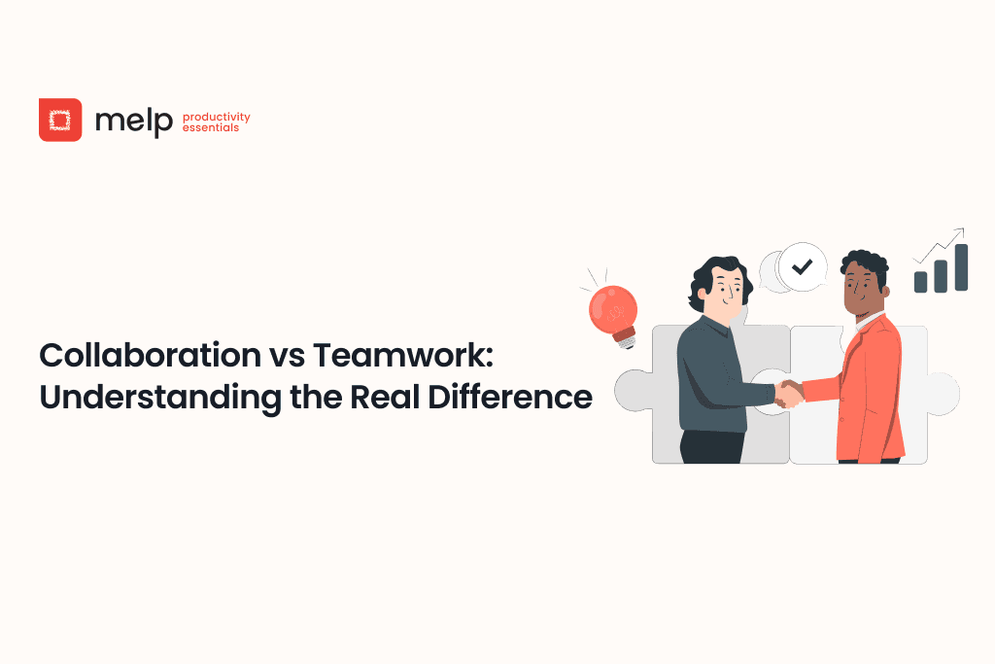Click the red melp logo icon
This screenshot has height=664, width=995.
pos(60,120)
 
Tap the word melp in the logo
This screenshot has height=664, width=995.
pos(134,121)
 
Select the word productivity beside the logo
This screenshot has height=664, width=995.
pos(216,117)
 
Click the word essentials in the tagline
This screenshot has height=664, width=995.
pos(210,127)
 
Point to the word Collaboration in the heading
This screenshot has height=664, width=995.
pos(145,357)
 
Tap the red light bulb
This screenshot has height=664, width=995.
pos(613,309)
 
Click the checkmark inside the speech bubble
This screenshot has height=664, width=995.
pos(802,266)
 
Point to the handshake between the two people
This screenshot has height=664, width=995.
pos(790,393)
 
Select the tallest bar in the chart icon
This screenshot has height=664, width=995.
pos(961,267)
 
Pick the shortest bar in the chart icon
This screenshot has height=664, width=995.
pos(920,281)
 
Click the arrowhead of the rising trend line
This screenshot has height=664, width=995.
pos(960,231)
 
